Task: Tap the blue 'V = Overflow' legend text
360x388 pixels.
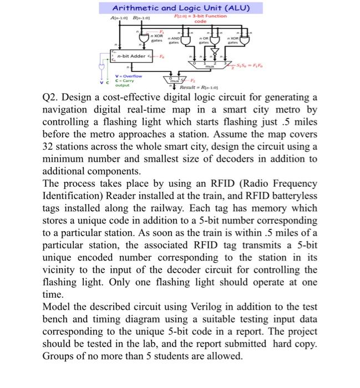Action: pos(128,75)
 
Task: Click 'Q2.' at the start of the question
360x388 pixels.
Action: pos(52,98)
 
